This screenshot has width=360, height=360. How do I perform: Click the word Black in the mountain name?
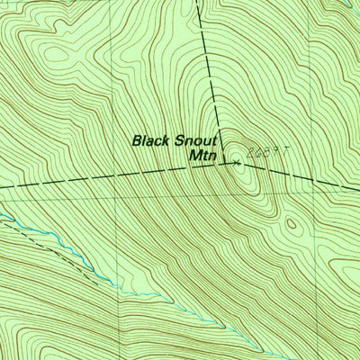pyautogui.click(x=151, y=140)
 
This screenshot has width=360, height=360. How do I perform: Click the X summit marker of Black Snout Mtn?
pyautogui.click(x=237, y=163)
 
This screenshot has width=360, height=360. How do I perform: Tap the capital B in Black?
pyautogui.click(x=137, y=140)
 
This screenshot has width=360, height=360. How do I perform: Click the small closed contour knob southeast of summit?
pyautogui.click(x=290, y=222)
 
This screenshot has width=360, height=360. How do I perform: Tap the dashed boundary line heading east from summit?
pyautogui.click(x=306, y=176)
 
